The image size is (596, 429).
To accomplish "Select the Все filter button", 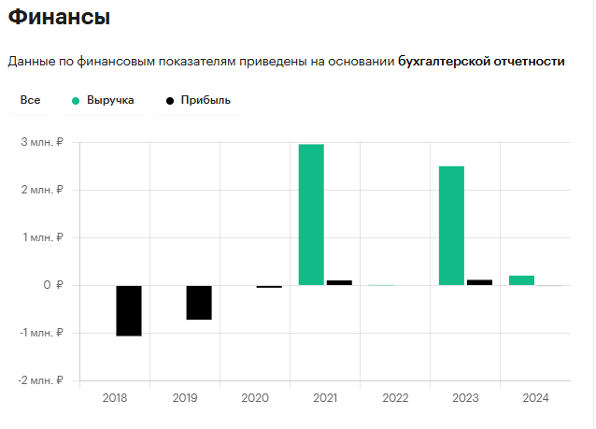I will click(x=30, y=99).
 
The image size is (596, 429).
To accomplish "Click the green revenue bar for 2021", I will click(x=311, y=214).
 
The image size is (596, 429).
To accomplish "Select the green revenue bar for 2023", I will click(x=451, y=225).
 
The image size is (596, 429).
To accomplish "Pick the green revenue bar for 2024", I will click(x=521, y=279).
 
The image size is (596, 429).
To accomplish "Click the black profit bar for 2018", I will click(x=129, y=310).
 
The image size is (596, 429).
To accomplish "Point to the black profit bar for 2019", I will click(x=199, y=302).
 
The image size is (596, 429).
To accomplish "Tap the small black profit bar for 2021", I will click(x=339, y=282).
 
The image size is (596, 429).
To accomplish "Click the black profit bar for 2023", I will click(x=479, y=281).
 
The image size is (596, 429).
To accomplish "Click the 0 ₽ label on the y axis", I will click(x=51, y=285).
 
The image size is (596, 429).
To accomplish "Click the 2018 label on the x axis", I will click(x=115, y=398).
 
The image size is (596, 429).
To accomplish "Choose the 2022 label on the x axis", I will click(x=395, y=398).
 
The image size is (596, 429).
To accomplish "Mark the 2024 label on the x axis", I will click(x=535, y=398).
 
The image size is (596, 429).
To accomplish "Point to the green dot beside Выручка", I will click(x=76, y=99).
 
